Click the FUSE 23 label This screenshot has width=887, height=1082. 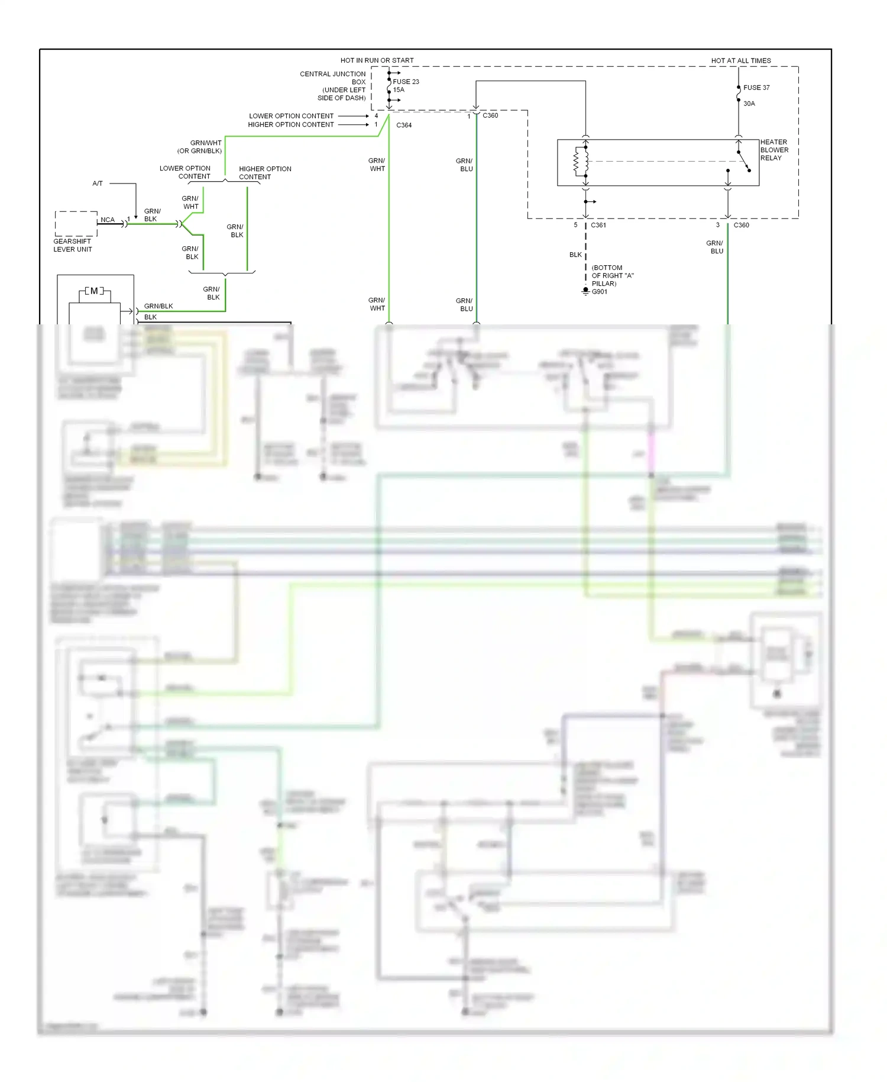click(x=406, y=82)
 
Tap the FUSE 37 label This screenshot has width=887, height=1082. click(x=756, y=88)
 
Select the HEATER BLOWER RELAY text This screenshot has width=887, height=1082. click(x=774, y=150)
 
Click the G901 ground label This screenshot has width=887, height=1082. click(x=600, y=292)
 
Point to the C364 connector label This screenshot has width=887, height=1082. click(x=404, y=125)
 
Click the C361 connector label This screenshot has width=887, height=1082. click(x=598, y=225)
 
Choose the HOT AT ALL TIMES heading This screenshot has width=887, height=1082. click(x=741, y=60)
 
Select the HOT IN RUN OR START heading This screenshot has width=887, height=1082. click(x=377, y=60)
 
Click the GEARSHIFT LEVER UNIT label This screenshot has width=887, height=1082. click(x=73, y=245)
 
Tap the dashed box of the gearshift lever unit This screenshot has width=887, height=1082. click(x=76, y=224)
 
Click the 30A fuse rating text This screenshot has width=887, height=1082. click(x=749, y=104)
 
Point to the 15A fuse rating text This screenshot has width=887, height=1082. click(x=399, y=90)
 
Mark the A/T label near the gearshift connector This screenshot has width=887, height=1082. click(x=98, y=183)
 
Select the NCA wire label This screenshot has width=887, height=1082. click(x=108, y=220)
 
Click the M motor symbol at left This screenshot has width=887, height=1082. click(x=94, y=291)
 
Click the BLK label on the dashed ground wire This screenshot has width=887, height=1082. click(x=575, y=255)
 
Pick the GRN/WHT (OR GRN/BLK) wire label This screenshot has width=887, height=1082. click(x=199, y=147)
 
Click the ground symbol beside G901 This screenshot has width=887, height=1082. click(x=585, y=291)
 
